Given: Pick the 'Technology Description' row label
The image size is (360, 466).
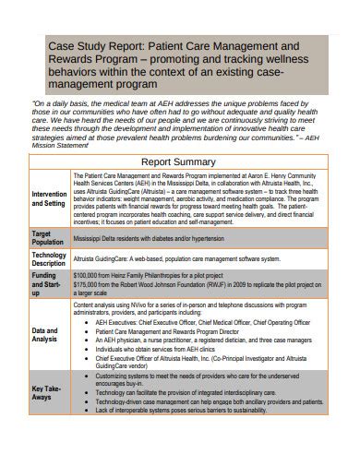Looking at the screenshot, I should pos(49,260).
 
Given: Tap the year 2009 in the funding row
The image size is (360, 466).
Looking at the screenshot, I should pos(261,285).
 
